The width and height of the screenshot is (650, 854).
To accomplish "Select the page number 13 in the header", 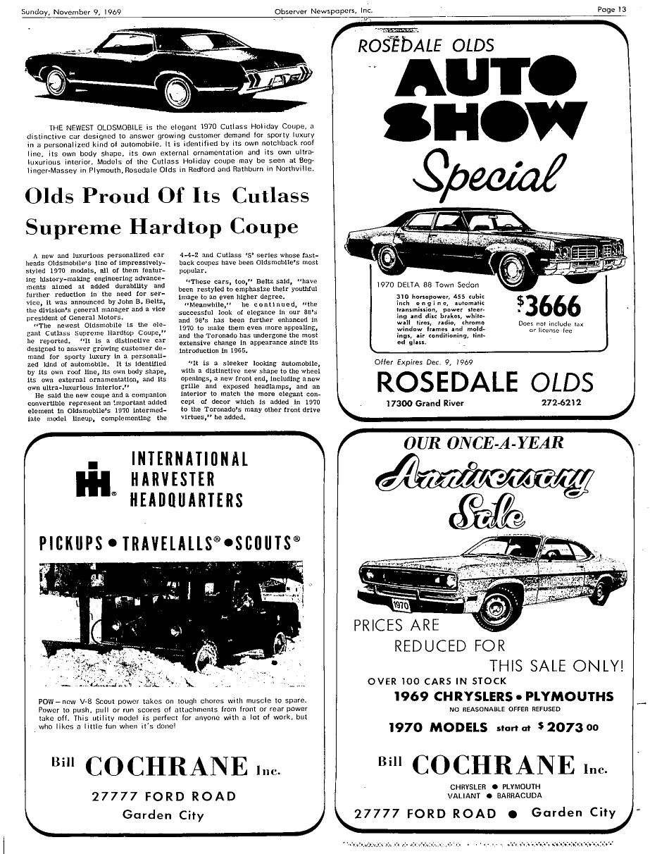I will [x=620, y=10].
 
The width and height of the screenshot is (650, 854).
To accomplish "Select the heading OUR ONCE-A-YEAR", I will [x=484, y=443].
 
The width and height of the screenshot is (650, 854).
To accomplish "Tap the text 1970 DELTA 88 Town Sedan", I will [x=428, y=285].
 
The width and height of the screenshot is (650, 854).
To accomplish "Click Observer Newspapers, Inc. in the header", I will [x=324, y=11].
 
